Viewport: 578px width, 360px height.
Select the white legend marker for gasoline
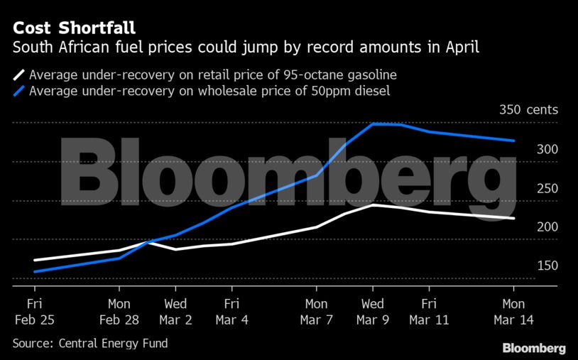point(19,75)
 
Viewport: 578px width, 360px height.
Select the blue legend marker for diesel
point(19,90)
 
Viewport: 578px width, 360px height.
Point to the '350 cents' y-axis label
point(528,110)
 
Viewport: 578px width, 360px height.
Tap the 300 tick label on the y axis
point(527,149)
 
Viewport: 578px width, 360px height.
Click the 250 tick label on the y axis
point(527,188)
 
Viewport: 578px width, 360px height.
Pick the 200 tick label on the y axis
point(527,227)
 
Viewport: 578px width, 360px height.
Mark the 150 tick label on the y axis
point(527,266)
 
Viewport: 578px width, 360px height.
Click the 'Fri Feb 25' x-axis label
point(34,312)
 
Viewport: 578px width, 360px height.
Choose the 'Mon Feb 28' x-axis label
point(119,312)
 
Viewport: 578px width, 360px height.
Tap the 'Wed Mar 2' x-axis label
point(175,312)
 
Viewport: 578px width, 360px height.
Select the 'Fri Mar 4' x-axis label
point(232,312)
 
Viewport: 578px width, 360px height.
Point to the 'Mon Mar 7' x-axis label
point(317,312)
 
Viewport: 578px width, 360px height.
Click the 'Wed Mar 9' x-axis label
point(373,312)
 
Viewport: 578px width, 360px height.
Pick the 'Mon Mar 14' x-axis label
point(513,312)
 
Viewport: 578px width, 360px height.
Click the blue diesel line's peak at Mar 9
point(373,124)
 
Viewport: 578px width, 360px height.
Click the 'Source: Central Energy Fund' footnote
point(90,344)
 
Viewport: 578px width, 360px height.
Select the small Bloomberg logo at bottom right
point(534,348)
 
